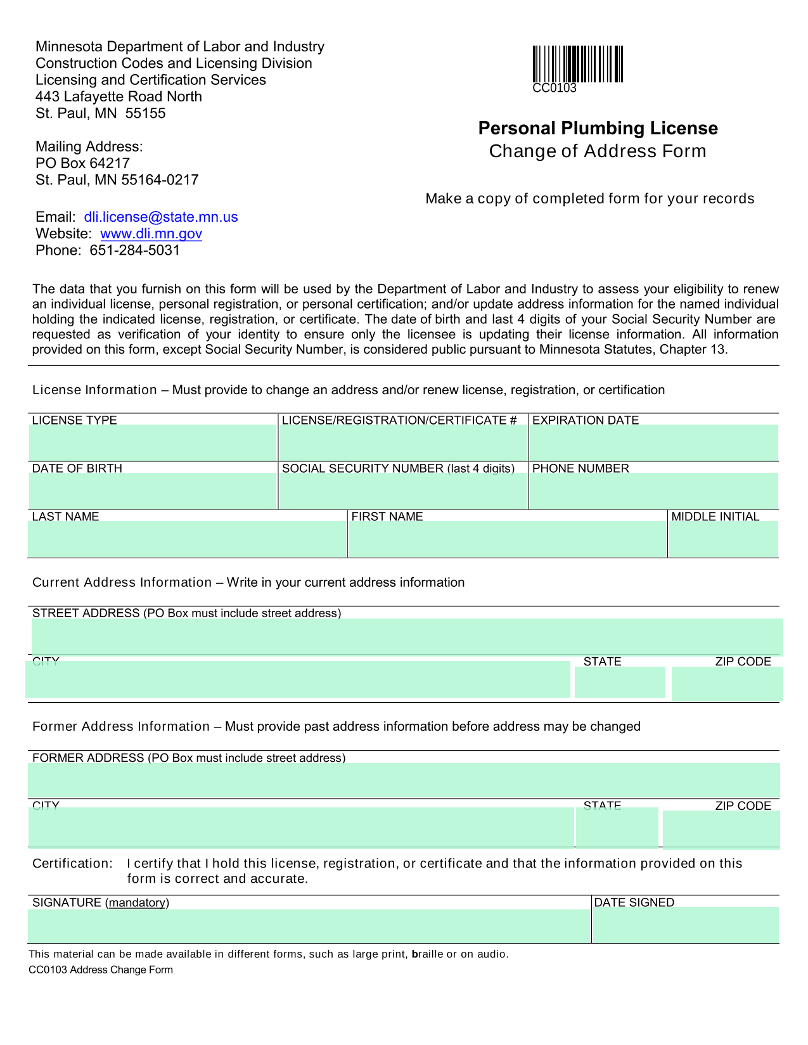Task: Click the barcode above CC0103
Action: coord(577,64)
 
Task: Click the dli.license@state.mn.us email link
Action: coord(161,217)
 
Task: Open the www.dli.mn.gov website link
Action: coord(151,234)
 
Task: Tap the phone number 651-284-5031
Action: coord(134,250)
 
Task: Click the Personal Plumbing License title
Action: coord(598,129)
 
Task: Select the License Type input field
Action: coord(153,442)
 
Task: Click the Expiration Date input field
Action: coord(653,442)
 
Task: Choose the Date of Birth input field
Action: coord(153,490)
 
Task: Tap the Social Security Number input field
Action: coord(403,490)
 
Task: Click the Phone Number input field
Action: coord(653,490)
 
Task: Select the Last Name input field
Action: coord(188,539)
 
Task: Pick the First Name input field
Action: coord(507,539)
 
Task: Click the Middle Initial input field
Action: coord(723,539)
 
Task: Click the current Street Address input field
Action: coord(407,636)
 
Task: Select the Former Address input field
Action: coord(404,780)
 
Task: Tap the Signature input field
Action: coord(309,925)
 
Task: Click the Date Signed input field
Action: coord(685,925)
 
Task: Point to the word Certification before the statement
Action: coord(72,864)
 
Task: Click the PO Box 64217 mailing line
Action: coord(82,163)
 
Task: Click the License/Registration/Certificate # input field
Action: coord(403,442)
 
